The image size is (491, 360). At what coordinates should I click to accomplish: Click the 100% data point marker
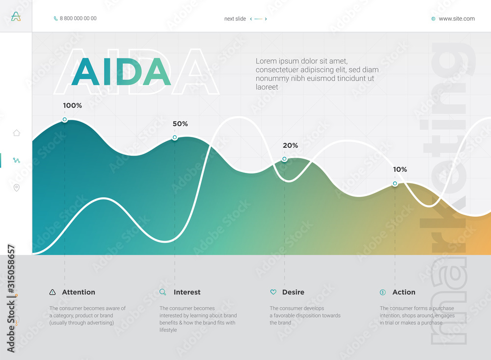click(x=64, y=120)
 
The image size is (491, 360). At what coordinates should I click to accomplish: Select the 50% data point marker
click(x=175, y=138)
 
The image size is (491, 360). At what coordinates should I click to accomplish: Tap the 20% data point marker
click(x=284, y=159)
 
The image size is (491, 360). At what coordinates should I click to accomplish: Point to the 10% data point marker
click(x=395, y=184)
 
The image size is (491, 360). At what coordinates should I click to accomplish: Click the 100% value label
click(x=72, y=106)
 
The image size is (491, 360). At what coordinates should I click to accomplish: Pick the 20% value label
click(x=290, y=145)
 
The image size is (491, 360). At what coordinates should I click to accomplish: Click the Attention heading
click(x=79, y=292)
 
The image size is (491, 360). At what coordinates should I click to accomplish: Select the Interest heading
click(x=187, y=292)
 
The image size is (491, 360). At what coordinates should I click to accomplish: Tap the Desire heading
click(x=293, y=292)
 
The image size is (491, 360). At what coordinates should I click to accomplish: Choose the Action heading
click(x=404, y=292)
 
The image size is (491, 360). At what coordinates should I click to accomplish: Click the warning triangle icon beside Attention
click(x=53, y=292)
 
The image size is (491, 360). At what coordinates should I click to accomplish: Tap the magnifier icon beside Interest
click(x=163, y=292)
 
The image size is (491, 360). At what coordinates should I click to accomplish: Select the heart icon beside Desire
click(x=273, y=292)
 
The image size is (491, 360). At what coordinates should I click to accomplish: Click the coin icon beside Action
click(x=383, y=292)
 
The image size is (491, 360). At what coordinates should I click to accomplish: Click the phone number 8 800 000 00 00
click(x=78, y=19)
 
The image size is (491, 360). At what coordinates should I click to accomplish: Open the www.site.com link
click(x=457, y=19)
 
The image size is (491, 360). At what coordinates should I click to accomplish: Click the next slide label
click(x=235, y=19)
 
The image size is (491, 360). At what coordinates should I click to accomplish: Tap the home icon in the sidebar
click(x=16, y=133)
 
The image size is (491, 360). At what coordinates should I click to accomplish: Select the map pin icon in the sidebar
click(x=16, y=188)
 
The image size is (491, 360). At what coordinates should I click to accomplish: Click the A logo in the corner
click(x=16, y=17)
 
